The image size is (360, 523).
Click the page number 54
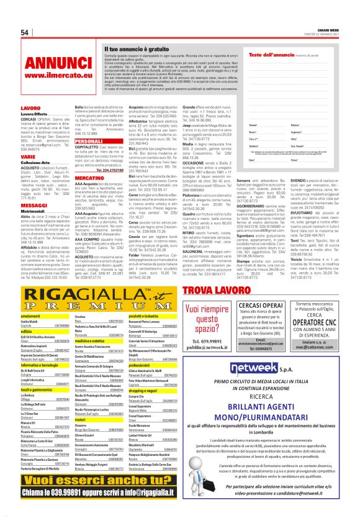25,32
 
